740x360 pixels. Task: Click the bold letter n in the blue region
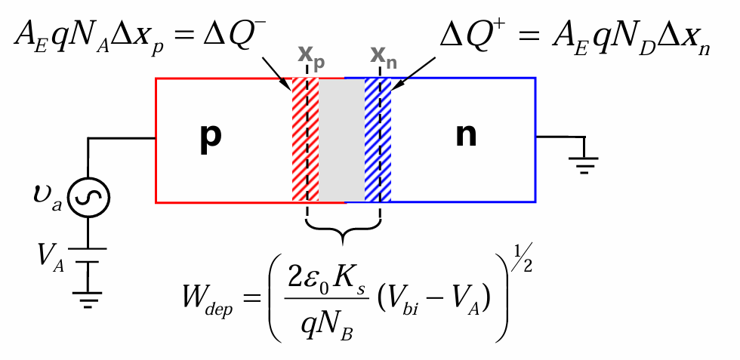click(467, 139)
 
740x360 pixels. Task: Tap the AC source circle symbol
click(90, 198)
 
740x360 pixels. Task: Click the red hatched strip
click(305, 140)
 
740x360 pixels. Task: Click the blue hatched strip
click(378, 140)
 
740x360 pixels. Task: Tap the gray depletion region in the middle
click(341, 140)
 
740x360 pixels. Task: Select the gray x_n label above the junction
click(383, 57)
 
